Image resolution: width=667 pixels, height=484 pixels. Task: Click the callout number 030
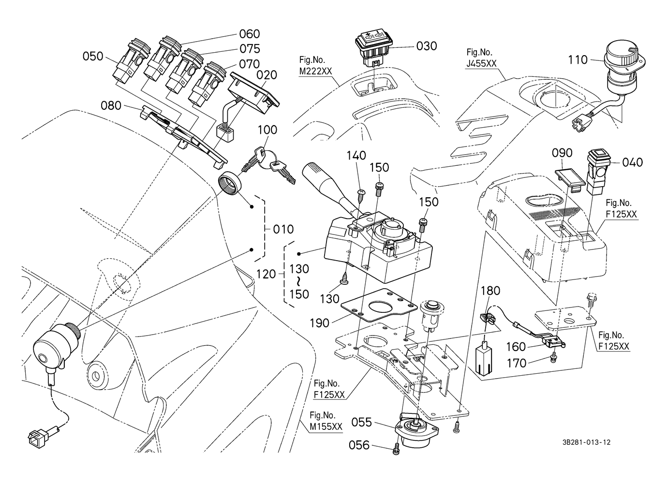[426, 46]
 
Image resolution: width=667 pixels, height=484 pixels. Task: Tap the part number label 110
[578, 60]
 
